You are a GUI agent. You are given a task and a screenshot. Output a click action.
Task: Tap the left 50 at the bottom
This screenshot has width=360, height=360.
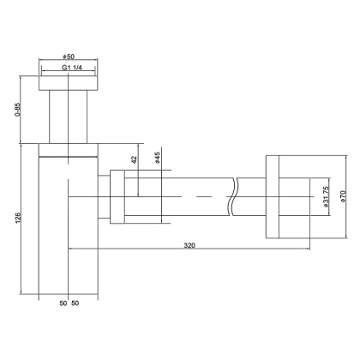tap(63, 304)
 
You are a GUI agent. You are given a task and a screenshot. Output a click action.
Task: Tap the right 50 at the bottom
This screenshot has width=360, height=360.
tap(75, 304)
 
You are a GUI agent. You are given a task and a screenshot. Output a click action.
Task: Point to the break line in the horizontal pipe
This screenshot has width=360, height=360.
tap(233, 199)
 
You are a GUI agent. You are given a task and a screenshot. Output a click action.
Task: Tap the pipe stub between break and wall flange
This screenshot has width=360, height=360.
tap(251, 199)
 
